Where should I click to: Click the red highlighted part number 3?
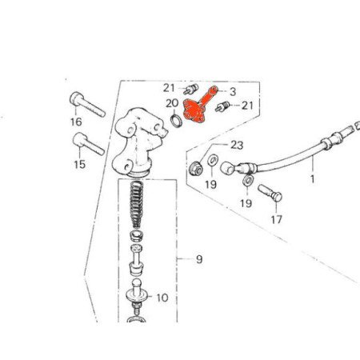(x=198, y=106)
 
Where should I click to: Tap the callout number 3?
(x=233, y=92)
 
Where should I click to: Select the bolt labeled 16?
(x=87, y=104)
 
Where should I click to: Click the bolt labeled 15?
(x=88, y=144)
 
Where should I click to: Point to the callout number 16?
(x=76, y=122)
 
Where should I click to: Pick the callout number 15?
(x=80, y=164)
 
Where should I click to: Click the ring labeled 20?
(x=177, y=120)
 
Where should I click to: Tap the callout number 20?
(x=172, y=103)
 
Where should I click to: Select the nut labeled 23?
(x=195, y=168)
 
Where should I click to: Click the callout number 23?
(x=237, y=146)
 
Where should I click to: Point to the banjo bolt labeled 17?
(x=270, y=193)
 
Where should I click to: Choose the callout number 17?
(x=277, y=220)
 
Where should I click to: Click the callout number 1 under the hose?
(x=313, y=179)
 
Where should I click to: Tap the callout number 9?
(x=199, y=259)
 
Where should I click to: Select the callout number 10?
(x=162, y=298)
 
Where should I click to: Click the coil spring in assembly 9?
(x=136, y=204)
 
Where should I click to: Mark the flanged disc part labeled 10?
(x=137, y=294)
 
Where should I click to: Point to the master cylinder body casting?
(x=139, y=142)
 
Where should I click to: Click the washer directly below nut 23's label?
(x=213, y=161)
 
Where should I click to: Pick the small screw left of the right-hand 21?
(x=222, y=106)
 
